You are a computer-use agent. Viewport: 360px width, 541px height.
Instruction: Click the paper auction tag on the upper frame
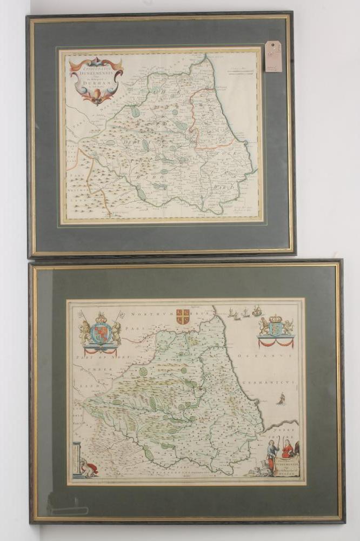[273, 56]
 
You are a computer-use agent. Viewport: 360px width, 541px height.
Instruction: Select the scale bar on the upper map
[240, 70]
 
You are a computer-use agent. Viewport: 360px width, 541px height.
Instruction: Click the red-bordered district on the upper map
[211, 119]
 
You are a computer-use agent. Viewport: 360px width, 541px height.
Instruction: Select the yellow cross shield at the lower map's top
[183, 316]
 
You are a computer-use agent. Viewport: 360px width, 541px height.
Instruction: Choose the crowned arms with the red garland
[276, 330]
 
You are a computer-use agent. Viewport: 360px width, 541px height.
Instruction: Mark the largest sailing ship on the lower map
[257, 311]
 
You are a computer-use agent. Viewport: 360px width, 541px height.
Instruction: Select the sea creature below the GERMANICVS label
[281, 399]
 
